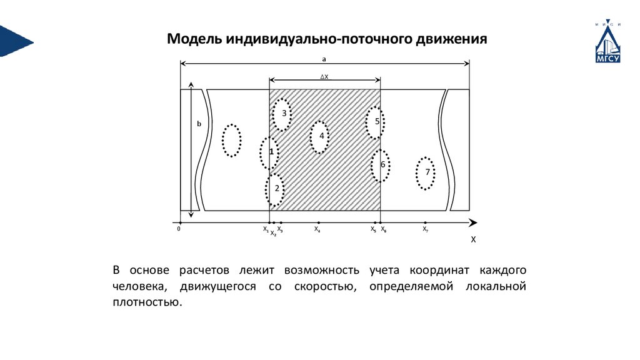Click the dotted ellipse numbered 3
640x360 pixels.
pyautogui.click(x=282, y=114)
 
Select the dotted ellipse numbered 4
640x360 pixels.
pyautogui.click(x=319, y=136)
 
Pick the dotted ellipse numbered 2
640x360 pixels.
pyautogui.click(x=275, y=190)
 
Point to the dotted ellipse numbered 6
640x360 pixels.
pyautogui.click(x=380, y=166)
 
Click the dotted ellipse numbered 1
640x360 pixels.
pyautogui.click(x=269, y=152)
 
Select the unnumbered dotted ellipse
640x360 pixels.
pyautogui.click(x=231, y=140)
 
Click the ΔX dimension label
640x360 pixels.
pyautogui.click(x=324, y=76)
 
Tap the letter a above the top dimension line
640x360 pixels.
pyautogui.click(x=324, y=58)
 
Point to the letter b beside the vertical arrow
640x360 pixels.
pyautogui.click(x=199, y=124)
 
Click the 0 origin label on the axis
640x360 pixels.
pyautogui.click(x=179, y=229)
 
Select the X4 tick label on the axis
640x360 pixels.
pyautogui.click(x=317, y=229)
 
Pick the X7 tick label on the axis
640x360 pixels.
pyautogui.click(x=425, y=229)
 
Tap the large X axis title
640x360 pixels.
pyautogui.click(x=473, y=239)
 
